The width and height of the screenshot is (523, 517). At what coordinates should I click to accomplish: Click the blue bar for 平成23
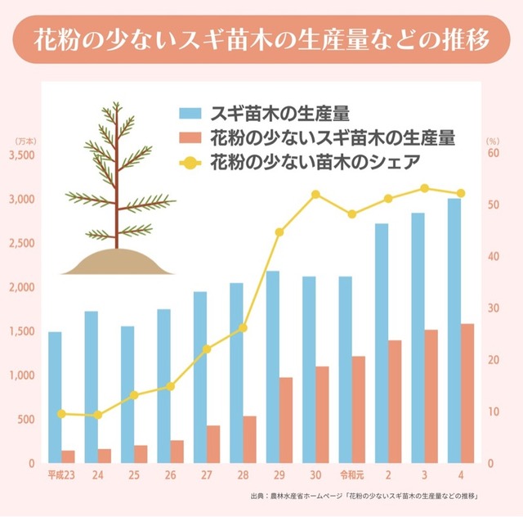(x=55, y=398)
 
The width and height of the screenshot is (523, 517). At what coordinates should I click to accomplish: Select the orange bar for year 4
(x=467, y=393)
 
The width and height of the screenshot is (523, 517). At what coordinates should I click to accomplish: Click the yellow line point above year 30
(x=316, y=195)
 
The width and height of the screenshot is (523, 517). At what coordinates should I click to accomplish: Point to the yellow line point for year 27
(x=207, y=348)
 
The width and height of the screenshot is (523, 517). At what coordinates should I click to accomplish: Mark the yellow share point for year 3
(x=425, y=188)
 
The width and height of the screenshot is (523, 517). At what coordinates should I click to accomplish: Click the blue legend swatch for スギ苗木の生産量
(x=190, y=111)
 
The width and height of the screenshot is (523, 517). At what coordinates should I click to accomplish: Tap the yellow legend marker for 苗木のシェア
(x=190, y=161)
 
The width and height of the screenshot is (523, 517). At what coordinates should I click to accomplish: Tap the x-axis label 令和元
(x=352, y=475)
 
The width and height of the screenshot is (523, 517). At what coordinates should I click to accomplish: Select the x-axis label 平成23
(x=61, y=475)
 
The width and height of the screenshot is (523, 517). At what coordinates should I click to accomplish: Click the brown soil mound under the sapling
(x=117, y=263)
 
